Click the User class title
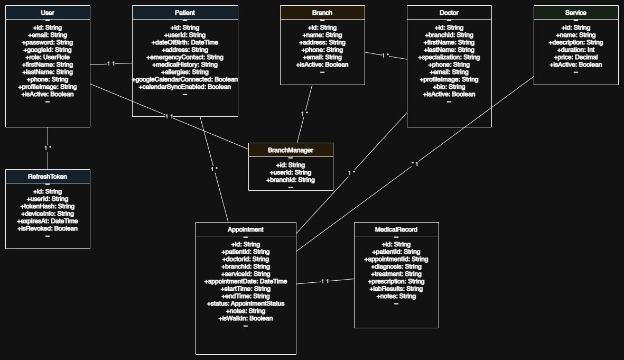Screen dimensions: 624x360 (x=48, y=13)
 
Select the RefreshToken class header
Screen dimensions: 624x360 (x=48, y=177)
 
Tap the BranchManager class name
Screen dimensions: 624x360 (x=291, y=150)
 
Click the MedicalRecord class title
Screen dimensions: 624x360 (x=396, y=229)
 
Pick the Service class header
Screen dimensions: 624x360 (x=576, y=12)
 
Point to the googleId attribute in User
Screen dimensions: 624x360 (x=48, y=50)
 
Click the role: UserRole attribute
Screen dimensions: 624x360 (x=48, y=57)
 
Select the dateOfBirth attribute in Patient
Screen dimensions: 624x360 (x=184, y=43)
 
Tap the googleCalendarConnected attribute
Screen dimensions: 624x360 (x=185, y=80)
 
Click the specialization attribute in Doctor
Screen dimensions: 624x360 (x=449, y=57)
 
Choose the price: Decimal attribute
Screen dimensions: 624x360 (x=576, y=57)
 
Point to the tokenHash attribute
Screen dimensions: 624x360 (x=48, y=206)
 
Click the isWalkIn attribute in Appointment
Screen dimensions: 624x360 (x=246, y=319)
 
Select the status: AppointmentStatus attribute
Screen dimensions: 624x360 (x=246, y=304)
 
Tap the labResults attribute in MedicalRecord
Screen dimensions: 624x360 (x=396, y=289)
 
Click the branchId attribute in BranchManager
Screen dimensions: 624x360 (x=291, y=180)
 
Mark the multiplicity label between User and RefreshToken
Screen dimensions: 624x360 (x=48, y=148)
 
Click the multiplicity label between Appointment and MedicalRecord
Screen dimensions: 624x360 (x=325, y=282)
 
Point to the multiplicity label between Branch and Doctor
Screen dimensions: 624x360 (x=386, y=56)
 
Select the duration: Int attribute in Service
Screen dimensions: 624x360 (x=576, y=50)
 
